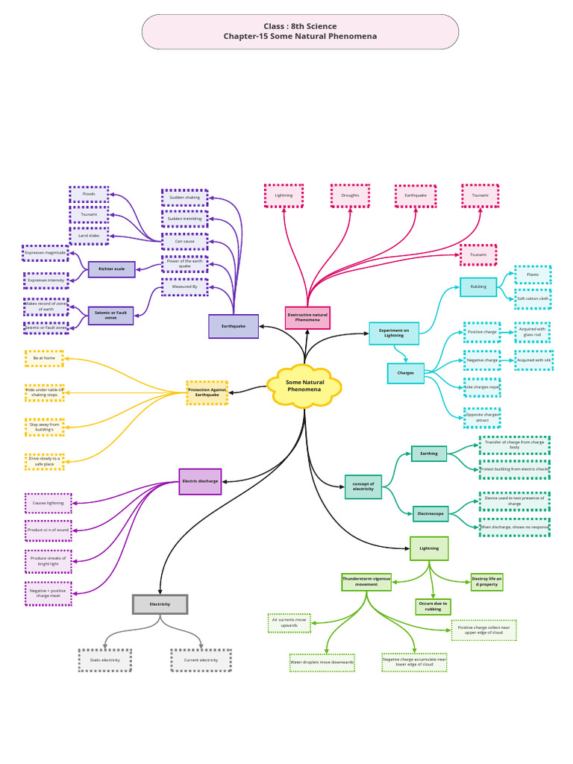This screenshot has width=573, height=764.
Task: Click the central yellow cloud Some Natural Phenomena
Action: coord(304,386)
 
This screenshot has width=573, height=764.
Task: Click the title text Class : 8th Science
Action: coord(300,26)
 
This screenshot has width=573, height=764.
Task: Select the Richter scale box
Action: coord(112,269)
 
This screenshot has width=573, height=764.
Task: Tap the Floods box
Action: coord(89,194)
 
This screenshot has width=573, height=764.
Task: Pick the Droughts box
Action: coord(350,195)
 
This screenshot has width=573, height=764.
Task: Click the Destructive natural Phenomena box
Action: coord(307,318)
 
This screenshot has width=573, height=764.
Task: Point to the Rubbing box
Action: coord(478,286)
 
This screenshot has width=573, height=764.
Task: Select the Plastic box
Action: coord(533,275)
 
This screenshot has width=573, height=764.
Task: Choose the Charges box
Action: coord(405,373)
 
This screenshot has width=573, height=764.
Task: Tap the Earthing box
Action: coord(429,453)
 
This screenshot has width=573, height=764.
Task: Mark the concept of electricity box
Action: coord(363,487)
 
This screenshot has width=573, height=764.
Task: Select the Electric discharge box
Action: coord(200,481)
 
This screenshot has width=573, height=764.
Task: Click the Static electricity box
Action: coord(105,660)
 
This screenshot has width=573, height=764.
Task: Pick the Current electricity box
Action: coord(201,660)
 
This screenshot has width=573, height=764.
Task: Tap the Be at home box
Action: coord(44,358)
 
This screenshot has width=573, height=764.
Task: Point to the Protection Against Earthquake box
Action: coord(207,392)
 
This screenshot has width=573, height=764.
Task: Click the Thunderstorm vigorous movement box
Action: coord(366,582)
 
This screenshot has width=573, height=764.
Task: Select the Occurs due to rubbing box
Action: coord(433,607)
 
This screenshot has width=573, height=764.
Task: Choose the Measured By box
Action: coord(185,286)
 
